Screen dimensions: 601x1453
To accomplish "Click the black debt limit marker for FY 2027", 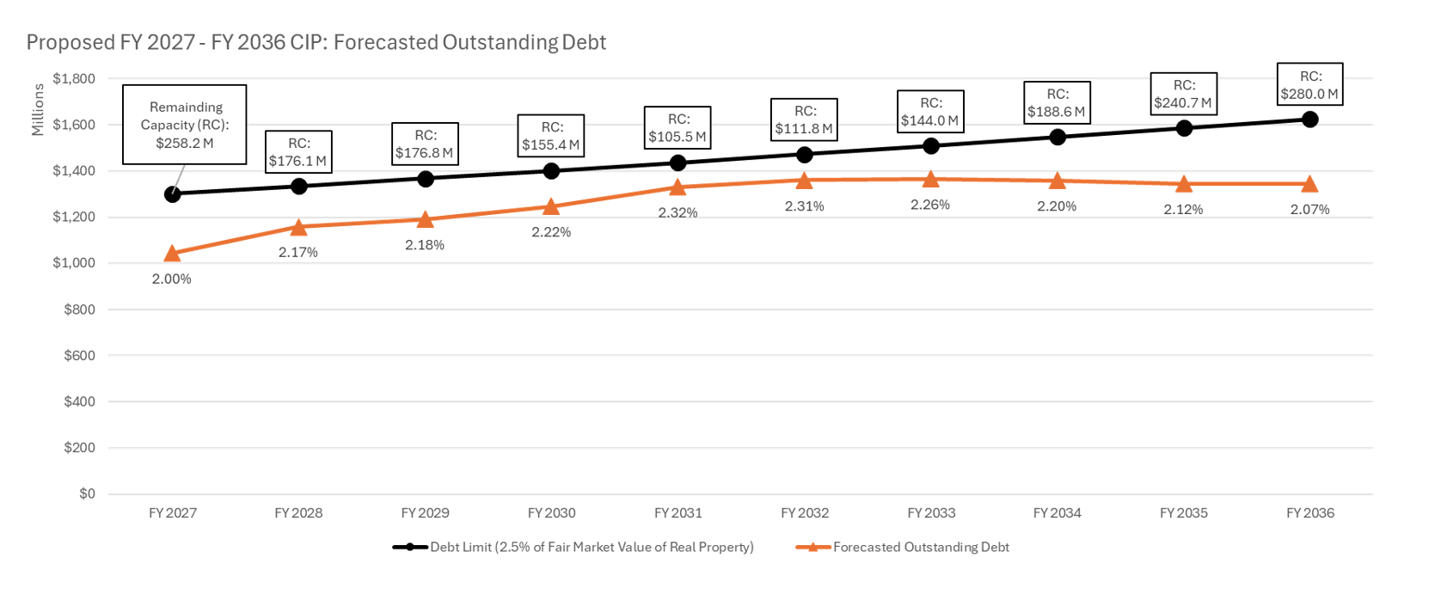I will click(172, 194).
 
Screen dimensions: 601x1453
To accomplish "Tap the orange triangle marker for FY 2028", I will click(298, 228).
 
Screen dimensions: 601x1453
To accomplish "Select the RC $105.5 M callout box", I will click(678, 128).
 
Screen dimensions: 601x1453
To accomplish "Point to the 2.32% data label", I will click(678, 212).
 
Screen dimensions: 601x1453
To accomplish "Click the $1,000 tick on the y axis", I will click(74, 263).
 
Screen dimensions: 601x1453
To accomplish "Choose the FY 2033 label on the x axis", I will click(931, 513).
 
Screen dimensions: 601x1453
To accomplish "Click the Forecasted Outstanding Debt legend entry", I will click(921, 547).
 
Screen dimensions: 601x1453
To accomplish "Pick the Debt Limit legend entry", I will click(592, 547).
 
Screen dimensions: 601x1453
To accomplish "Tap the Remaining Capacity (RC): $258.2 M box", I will click(185, 125).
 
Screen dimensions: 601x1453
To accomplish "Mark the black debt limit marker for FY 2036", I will click(1309, 120).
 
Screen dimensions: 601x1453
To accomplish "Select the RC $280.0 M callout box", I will click(1309, 85).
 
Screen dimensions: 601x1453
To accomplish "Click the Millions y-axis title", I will click(38, 109).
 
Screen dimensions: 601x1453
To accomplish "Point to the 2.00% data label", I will click(172, 279).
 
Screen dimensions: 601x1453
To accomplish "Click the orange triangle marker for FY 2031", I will click(678, 187).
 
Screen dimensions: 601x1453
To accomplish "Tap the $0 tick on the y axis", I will click(87, 494).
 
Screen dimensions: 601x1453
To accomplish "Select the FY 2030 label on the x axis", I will click(552, 513).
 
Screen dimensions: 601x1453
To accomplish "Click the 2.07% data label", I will click(1309, 209).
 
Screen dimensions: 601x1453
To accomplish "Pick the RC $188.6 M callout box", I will click(1058, 103).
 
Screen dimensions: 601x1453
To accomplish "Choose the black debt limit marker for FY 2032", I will click(805, 155).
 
